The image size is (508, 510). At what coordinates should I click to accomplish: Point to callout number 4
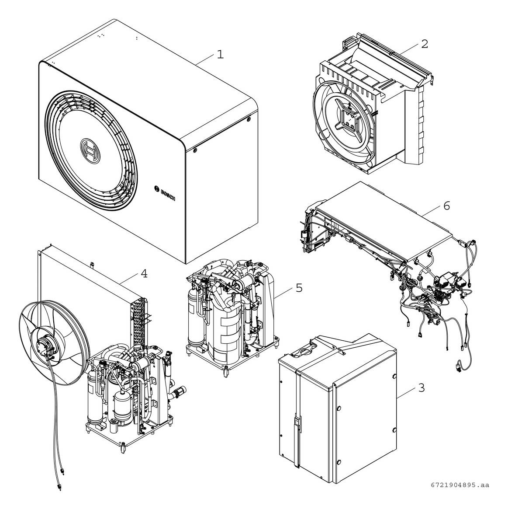144,274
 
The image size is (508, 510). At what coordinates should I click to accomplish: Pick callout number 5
299,287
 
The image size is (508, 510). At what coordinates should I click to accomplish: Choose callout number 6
446,205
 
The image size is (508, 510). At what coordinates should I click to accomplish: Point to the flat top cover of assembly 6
384,219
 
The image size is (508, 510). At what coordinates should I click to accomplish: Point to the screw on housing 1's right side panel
195,151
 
